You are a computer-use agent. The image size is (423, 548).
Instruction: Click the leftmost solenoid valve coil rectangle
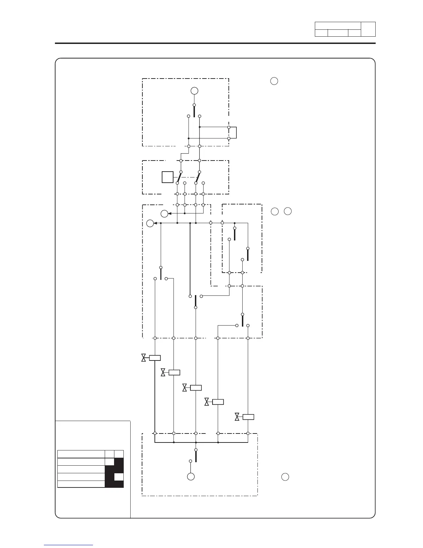(x=155, y=358)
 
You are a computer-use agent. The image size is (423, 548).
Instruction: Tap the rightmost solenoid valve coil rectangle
(x=248, y=417)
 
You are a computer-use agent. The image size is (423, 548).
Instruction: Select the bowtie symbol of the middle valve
(x=185, y=388)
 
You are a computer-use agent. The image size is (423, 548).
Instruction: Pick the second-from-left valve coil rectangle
(x=174, y=373)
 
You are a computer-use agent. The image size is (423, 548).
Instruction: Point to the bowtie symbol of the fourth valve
(x=207, y=402)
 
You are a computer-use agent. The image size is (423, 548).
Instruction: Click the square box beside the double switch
(x=168, y=177)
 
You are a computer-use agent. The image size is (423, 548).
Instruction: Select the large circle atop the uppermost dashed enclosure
(x=194, y=91)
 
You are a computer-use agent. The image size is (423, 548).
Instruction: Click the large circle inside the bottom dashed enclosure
(x=191, y=477)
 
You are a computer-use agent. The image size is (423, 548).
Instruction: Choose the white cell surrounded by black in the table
(x=119, y=477)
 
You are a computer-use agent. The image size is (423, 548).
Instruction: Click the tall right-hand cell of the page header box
(x=368, y=29)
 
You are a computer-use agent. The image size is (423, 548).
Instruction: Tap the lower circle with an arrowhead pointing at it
(x=150, y=223)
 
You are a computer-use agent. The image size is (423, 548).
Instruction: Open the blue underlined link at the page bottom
(x=68, y=545)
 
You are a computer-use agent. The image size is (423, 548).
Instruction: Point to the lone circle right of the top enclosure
(x=274, y=81)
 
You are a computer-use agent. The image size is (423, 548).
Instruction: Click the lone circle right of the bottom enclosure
(x=285, y=477)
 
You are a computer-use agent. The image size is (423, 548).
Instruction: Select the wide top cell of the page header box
(x=338, y=26)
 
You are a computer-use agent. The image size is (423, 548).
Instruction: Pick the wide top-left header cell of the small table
(x=81, y=454)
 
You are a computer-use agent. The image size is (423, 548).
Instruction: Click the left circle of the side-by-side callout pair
(x=274, y=211)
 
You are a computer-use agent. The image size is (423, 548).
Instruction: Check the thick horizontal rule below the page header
(x=215, y=43)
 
